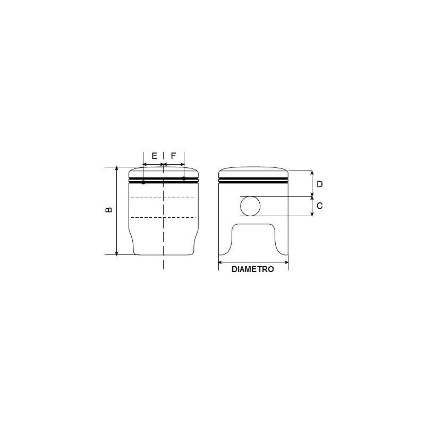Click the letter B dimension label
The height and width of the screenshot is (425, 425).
tap(109, 210)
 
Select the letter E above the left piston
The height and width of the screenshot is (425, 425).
tap(154, 156)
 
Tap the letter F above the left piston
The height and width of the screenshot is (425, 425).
tap(173, 156)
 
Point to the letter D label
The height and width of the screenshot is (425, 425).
tap(320, 184)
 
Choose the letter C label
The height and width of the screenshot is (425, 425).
tap(320, 206)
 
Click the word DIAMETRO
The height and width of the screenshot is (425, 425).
tap(253, 269)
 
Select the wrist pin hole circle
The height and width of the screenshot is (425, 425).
tap(251, 206)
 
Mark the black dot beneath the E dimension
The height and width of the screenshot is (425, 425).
tap(143, 182)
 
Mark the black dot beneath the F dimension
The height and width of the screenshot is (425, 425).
tap(184, 178)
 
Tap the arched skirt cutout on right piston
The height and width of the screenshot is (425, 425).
tap(254, 234)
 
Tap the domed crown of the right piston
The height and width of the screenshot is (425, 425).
tap(253, 172)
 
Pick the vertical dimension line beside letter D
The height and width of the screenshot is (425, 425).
tap(312, 183)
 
